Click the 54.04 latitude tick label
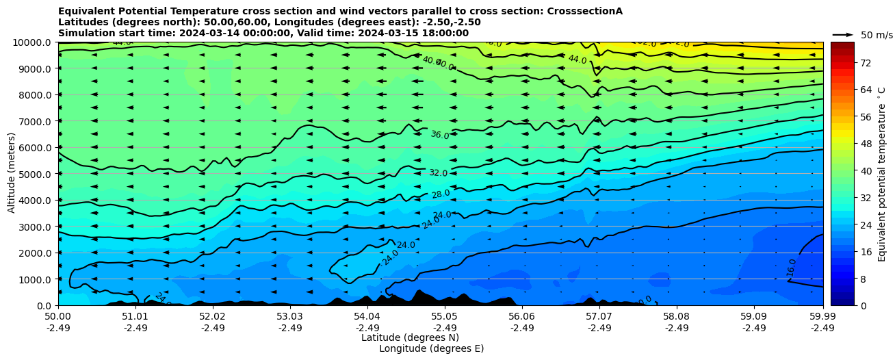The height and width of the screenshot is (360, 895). coord(367,317)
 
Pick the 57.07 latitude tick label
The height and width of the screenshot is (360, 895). coord(599,317)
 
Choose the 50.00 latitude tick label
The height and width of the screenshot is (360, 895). coord(58,317)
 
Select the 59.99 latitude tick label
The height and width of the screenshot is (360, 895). coord(822,317)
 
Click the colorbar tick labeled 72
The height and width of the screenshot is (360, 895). coord(866,62)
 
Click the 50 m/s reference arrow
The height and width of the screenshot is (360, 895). coord(843,34)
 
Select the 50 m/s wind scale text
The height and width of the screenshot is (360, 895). coord(877,35)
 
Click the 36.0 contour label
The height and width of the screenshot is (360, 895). coord(439,136)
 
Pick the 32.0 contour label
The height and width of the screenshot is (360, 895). coord(438,173)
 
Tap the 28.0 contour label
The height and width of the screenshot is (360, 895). coord(441,194)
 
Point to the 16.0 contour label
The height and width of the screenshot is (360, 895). coord(792,267)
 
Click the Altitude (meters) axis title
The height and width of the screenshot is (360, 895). coord(12,175)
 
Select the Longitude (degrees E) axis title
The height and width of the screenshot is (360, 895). coord(431,348)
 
